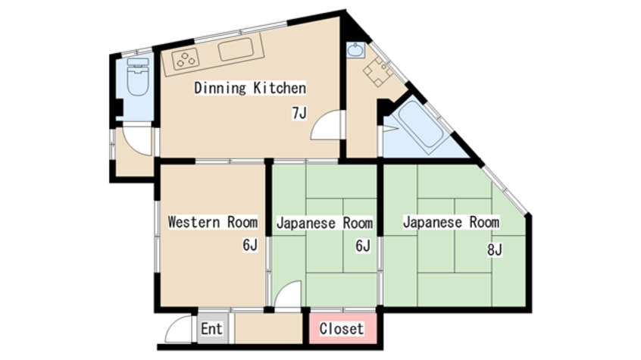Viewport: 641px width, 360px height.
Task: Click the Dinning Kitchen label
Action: point(250,88)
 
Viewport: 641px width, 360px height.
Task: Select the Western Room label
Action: point(212,222)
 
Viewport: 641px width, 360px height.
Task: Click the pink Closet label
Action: point(342,329)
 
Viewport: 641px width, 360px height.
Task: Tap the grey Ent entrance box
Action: point(211,329)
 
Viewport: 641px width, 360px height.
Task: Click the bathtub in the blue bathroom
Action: point(421,124)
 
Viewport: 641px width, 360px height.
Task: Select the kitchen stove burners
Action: point(185,58)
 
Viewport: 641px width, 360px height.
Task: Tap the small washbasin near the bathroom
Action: point(355,51)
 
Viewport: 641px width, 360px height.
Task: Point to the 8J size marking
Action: point(495,248)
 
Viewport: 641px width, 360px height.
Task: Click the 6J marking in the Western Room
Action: point(251,245)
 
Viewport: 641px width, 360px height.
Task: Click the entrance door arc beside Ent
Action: point(179,330)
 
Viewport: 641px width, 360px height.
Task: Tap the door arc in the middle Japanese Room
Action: point(289,296)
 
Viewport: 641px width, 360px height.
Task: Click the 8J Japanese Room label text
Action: point(451,222)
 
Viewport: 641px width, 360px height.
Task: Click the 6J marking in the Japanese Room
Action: point(362,245)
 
